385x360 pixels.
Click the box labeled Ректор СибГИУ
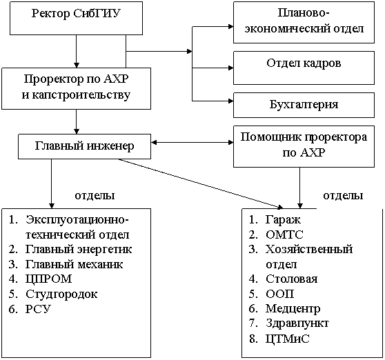(76, 18)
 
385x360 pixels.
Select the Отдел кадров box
(304, 68)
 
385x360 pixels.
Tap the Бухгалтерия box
(304, 105)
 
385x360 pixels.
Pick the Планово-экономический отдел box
(304, 22)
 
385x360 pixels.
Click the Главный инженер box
(84, 146)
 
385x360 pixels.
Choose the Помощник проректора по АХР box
(304, 146)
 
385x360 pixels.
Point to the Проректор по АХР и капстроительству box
(76, 88)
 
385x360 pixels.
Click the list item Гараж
(275, 219)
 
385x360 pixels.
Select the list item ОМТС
(276, 234)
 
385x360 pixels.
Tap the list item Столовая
(283, 279)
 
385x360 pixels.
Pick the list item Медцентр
(284, 309)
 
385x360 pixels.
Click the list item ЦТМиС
(279, 339)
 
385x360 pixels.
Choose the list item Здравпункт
(288, 323)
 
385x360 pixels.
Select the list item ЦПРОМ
(40, 279)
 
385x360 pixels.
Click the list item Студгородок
(53, 294)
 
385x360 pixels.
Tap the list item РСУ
(30, 309)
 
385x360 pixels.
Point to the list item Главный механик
(66, 264)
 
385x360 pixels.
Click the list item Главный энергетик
(70, 250)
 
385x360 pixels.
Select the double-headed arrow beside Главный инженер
(192, 142)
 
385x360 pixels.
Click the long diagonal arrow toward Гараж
(201, 183)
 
